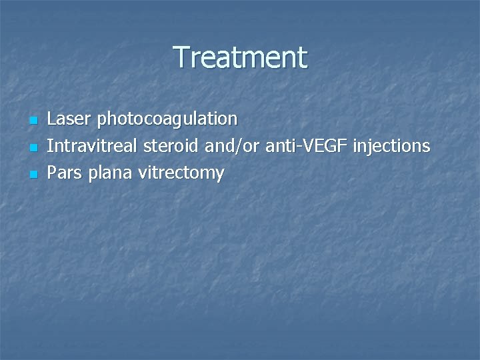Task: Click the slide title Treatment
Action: pos(240,57)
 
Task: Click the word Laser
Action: pos(70,119)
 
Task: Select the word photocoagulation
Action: pos(167,120)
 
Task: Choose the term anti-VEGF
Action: pos(307,146)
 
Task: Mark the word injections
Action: pos(392,147)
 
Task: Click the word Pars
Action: pos(64,173)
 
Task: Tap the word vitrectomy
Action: pos(181,173)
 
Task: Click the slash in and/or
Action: pos(241,146)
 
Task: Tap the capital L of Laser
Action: pos(52,119)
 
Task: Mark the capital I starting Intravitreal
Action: pos(50,146)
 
